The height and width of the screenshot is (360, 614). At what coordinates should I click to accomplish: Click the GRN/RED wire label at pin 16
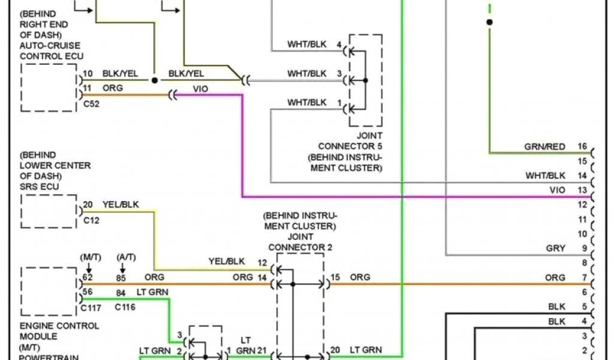click(544, 147)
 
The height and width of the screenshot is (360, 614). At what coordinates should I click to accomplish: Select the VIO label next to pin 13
click(557, 190)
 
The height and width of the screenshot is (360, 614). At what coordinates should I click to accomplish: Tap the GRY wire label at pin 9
click(556, 248)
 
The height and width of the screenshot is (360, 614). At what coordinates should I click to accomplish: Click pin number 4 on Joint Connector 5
click(339, 45)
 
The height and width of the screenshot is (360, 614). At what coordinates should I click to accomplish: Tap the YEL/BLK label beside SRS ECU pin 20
click(121, 205)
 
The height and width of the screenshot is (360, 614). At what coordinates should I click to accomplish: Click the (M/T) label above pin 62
click(89, 257)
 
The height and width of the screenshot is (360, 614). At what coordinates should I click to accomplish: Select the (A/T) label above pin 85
click(126, 257)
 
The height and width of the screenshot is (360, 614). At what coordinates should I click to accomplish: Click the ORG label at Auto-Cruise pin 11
click(113, 88)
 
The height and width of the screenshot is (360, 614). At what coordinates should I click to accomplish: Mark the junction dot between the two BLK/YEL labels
click(154, 80)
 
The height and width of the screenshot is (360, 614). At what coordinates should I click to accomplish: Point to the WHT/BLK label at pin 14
click(545, 176)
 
